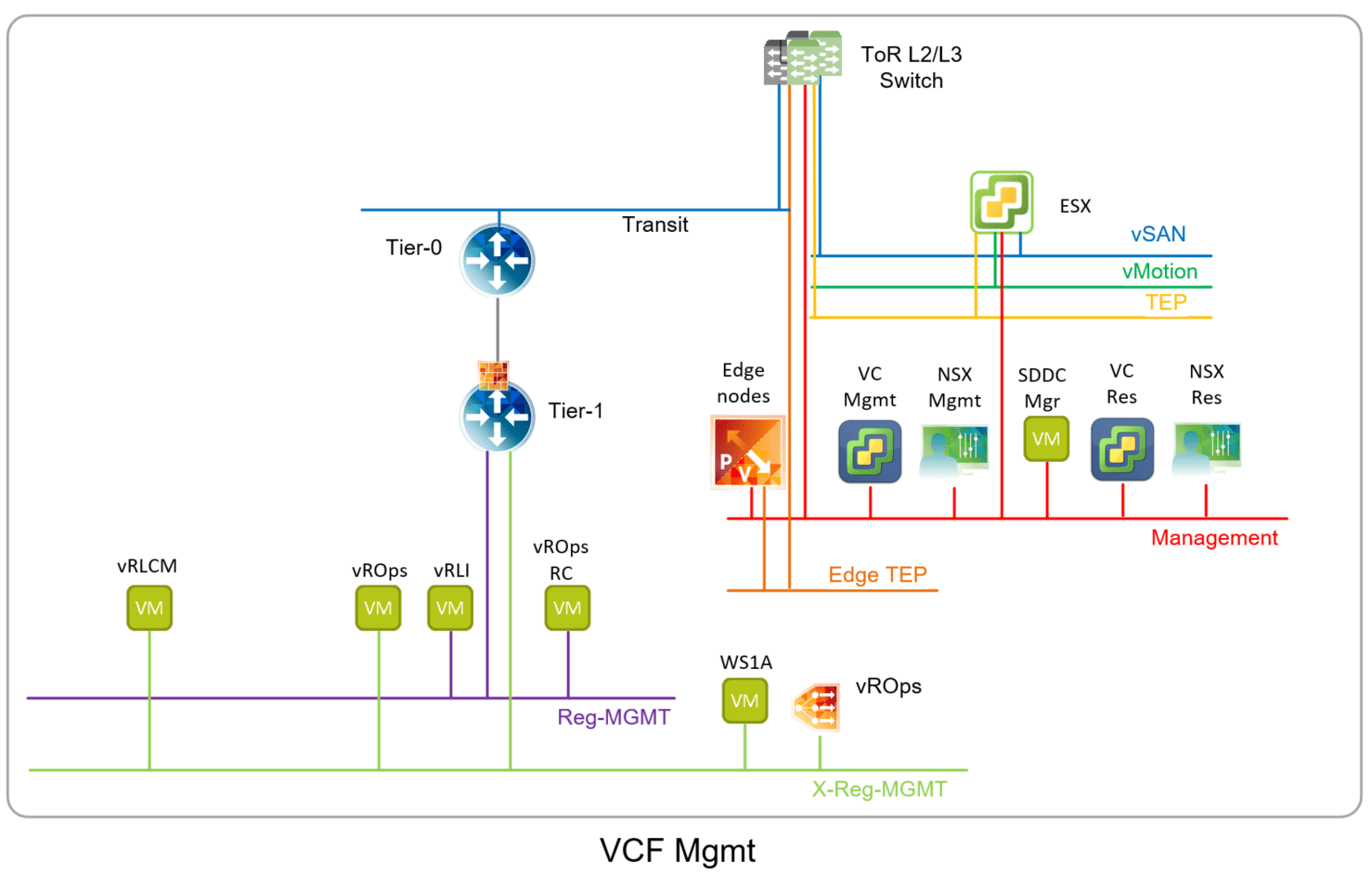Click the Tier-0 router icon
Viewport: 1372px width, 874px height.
coord(498,260)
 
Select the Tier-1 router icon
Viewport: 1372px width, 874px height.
coord(498,417)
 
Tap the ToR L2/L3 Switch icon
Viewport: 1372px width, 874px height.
coord(803,58)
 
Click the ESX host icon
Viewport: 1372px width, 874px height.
coord(1001,201)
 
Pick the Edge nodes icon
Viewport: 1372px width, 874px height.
coord(747,452)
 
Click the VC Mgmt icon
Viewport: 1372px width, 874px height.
coord(870,451)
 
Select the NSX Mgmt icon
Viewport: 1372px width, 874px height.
coord(954,450)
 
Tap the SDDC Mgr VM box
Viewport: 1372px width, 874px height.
coord(1046,439)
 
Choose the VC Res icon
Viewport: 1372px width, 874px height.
coord(1121,449)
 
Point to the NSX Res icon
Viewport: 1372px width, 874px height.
coord(1206,447)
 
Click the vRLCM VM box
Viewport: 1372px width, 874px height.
coord(149,608)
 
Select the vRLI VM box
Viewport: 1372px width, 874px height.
coord(450,608)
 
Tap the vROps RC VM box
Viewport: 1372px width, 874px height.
coord(567,608)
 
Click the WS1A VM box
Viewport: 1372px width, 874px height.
coord(744,700)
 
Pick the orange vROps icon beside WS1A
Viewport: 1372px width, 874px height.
coord(817,707)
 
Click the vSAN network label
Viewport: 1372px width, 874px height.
coord(1158,235)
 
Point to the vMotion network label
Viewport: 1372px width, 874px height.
coord(1159,272)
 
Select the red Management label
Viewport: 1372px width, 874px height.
coord(1213,538)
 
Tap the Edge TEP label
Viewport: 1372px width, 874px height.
coord(877,575)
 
